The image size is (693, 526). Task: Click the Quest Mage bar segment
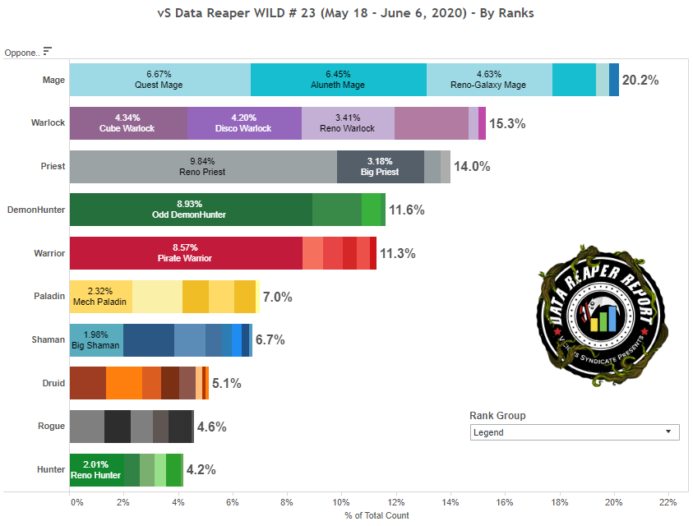pyautogui.click(x=160, y=80)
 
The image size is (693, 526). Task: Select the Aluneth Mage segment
pyautogui.click(x=339, y=80)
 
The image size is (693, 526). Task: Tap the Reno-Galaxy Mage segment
pyautogui.click(x=489, y=80)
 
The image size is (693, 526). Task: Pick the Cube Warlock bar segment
pyautogui.click(x=128, y=123)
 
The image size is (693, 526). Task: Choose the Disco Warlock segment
pyautogui.click(x=244, y=123)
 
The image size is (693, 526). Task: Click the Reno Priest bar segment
pyautogui.click(x=203, y=167)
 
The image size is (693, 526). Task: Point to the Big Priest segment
pyautogui.click(x=380, y=167)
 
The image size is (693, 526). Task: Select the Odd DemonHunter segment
pyautogui.click(x=191, y=210)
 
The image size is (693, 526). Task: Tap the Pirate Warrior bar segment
pyautogui.click(x=186, y=253)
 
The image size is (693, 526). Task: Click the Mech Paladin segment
pyautogui.click(x=100, y=296)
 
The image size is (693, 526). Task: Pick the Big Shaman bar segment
pyautogui.click(x=96, y=339)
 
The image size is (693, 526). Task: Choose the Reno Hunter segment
pyautogui.click(x=96, y=469)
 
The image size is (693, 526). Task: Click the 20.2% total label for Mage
pyautogui.click(x=640, y=81)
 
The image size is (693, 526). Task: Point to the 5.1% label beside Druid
pyautogui.click(x=226, y=383)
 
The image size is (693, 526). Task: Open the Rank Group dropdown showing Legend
pyautogui.click(x=575, y=432)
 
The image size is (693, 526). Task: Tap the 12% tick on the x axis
pyautogui.click(x=396, y=502)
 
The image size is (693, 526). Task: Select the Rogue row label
pyautogui.click(x=52, y=426)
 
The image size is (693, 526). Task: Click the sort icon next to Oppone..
pyautogui.click(x=47, y=51)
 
